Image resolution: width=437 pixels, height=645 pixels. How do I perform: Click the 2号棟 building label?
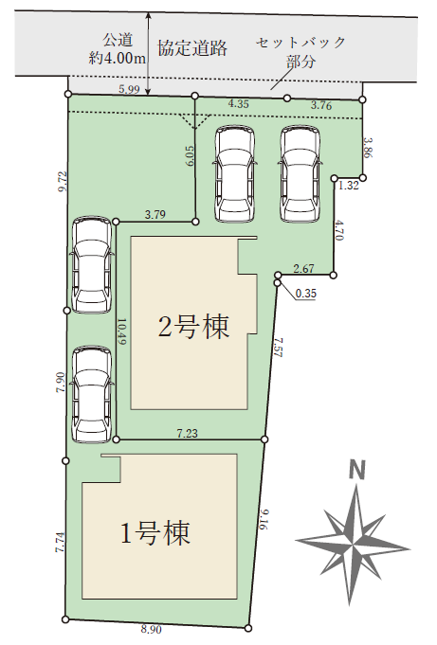193,328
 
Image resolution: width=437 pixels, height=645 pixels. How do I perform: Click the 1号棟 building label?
155,533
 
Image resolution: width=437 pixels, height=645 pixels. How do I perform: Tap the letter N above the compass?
356,470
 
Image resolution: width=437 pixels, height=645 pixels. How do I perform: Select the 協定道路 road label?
192,47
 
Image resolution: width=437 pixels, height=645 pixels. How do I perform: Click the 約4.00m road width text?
118,58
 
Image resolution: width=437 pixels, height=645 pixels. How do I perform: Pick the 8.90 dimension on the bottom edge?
151,629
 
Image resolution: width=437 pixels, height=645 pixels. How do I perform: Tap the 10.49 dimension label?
123,331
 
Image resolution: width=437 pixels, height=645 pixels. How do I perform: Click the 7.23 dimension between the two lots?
188,433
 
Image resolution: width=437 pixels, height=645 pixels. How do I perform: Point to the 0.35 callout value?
306,293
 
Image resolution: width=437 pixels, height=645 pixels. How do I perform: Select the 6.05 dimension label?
190,156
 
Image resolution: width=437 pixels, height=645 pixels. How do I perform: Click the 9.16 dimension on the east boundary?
264,519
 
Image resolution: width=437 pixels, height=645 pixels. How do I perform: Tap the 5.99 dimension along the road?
129,89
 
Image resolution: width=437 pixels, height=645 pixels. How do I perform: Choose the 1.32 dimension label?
349,186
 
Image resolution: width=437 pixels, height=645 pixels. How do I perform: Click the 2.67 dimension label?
304,269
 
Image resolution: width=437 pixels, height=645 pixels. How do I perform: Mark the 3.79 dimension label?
155,214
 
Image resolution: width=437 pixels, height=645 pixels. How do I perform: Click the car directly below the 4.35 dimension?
234,173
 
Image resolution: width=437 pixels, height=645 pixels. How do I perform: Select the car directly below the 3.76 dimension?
300,173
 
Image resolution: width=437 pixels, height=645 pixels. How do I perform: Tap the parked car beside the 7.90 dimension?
91,394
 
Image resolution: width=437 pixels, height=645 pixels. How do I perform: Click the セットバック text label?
300,42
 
